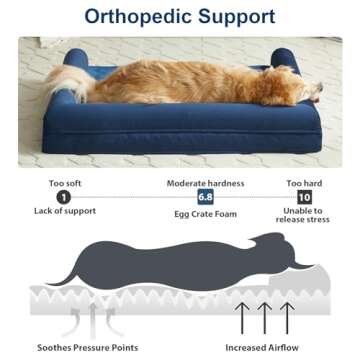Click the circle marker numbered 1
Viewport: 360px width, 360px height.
tap(64, 198)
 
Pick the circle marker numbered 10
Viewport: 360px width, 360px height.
tap(305, 198)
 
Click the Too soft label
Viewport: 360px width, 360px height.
tap(64, 183)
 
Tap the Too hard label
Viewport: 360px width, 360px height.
tap(304, 183)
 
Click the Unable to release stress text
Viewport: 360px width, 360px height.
tap(304, 215)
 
